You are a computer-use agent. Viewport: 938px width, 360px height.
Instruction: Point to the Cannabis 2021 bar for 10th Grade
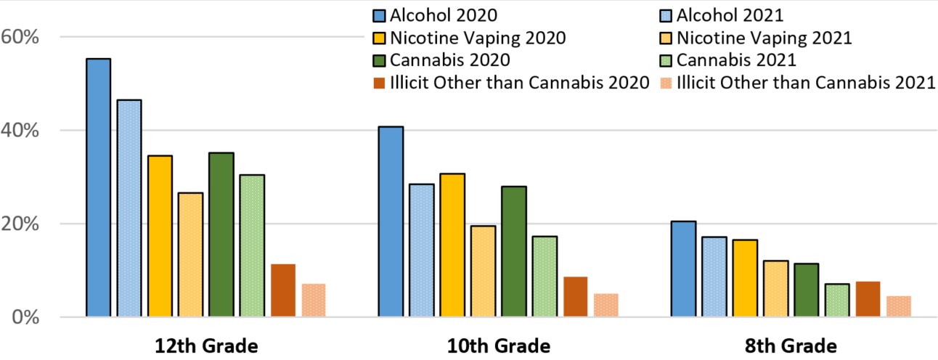[544, 277]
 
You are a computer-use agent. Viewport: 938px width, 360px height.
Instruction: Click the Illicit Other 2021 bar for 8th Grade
[898, 306]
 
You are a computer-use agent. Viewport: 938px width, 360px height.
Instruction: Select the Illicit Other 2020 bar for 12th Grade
[283, 290]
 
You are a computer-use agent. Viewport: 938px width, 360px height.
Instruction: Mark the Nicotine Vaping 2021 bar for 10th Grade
[483, 271]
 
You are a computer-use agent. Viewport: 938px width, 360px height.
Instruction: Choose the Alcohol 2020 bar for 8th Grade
[683, 269]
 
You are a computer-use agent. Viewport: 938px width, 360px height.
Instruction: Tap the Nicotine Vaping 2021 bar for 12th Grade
[190, 255]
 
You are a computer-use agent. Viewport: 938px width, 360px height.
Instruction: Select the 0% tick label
[25, 317]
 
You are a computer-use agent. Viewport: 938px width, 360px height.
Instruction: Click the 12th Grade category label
[206, 345]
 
